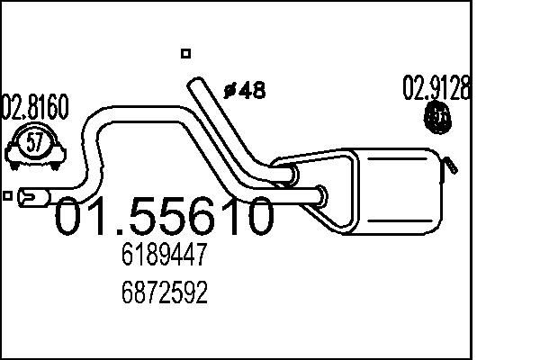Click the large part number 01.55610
click(x=165, y=218)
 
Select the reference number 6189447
click(x=165, y=258)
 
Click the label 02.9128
click(x=437, y=88)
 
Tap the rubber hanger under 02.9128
click(x=438, y=117)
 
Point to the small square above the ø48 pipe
click(x=185, y=53)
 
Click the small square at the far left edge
click(x=8, y=195)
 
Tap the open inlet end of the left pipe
click(x=28, y=195)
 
